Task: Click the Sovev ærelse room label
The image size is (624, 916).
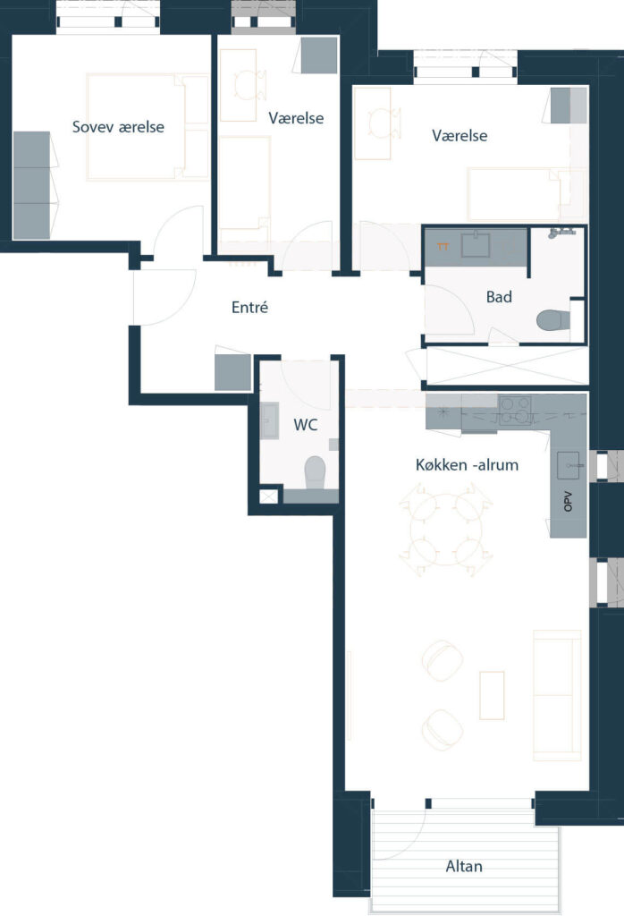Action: pyautogui.click(x=118, y=127)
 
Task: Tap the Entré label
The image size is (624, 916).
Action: pyautogui.click(x=249, y=308)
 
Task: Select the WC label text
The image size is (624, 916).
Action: pyautogui.click(x=305, y=425)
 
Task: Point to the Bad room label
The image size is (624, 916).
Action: pyautogui.click(x=499, y=297)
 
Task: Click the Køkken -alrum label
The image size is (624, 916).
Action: pyautogui.click(x=467, y=465)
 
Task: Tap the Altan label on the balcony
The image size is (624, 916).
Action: pyautogui.click(x=464, y=866)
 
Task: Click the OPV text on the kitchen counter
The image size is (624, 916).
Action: pyautogui.click(x=568, y=501)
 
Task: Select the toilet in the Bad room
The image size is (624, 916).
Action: pyautogui.click(x=552, y=319)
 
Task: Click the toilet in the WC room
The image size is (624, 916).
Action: pyautogui.click(x=315, y=472)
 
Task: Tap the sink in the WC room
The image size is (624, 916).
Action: pyautogui.click(x=269, y=420)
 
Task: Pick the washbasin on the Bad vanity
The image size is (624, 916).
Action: pyautogui.click(x=476, y=245)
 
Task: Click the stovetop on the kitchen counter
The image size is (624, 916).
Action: pyautogui.click(x=515, y=410)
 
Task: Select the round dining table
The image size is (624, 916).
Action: pyautogui.click(x=446, y=530)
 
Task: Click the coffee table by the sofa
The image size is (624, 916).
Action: pyautogui.click(x=492, y=695)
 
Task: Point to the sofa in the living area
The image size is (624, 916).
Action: pyautogui.click(x=557, y=695)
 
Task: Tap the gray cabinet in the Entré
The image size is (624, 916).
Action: pyautogui.click(x=233, y=372)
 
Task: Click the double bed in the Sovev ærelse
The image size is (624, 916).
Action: pyautogui.click(x=148, y=126)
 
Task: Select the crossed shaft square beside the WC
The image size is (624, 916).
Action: pyautogui.click(x=268, y=496)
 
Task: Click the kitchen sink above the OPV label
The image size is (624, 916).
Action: pyautogui.click(x=568, y=465)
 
